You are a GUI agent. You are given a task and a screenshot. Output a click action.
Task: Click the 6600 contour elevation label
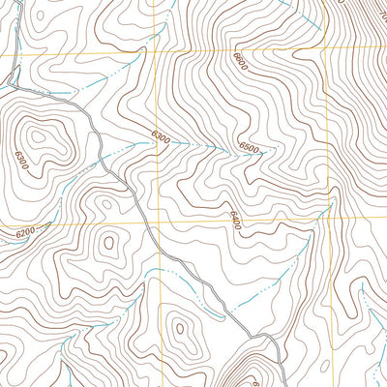tap(240, 63)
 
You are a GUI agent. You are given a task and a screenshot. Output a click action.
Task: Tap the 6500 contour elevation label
tap(249, 148)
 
